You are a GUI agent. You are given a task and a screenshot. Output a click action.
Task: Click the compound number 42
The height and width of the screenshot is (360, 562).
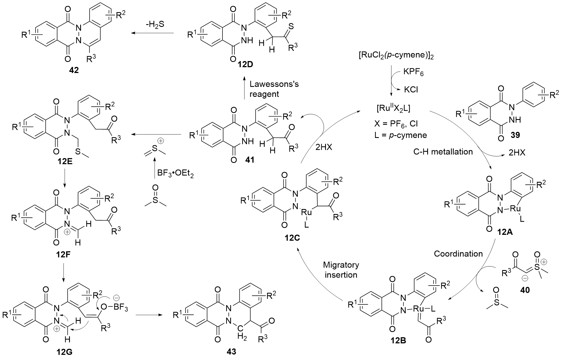tap(74, 70)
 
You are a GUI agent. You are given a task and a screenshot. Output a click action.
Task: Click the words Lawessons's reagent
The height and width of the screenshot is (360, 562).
tap(274, 89)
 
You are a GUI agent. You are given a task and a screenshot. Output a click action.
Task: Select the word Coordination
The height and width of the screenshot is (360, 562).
tap(458, 253)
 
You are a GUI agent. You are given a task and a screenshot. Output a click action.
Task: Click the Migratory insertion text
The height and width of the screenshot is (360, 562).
tap(341, 270)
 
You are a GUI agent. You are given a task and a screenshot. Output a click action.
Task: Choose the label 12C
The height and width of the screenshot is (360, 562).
tap(292, 238)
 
